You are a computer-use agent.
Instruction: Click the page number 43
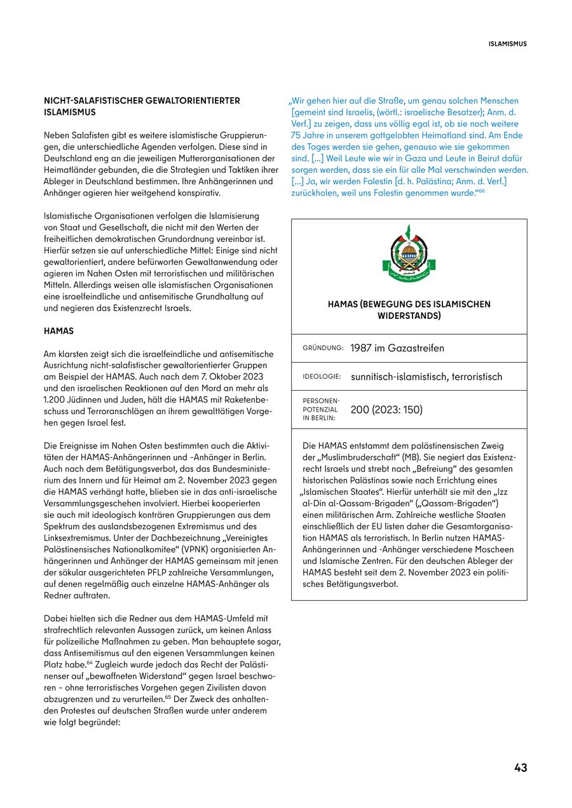tap(521, 767)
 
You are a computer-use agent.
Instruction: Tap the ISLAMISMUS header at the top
tap(507, 44)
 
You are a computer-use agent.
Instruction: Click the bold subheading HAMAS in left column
tap(58, 331)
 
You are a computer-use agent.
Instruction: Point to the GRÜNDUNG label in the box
tap(323, 348)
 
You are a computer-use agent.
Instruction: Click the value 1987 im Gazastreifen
tap(397, 348)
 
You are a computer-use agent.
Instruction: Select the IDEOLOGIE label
tap(322, 377)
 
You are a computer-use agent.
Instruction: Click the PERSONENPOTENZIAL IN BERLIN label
tap(321, 410)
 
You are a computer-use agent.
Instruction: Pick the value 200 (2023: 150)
tap(386, 410)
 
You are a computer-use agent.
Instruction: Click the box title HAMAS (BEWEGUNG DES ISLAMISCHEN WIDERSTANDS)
tap(409, 310)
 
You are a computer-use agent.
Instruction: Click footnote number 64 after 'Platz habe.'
tap(90, 663)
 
